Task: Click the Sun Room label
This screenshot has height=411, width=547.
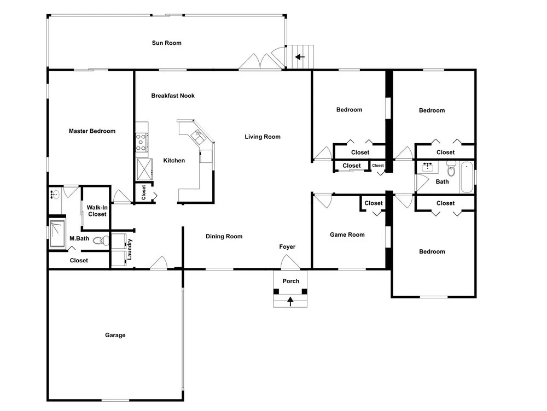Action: click(166, 43)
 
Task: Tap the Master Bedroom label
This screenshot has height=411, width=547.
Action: click(92, 131)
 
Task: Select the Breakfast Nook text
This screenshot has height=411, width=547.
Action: click(173, 96)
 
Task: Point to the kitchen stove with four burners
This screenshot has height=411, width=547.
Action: click(142, 142)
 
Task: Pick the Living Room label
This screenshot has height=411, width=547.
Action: click(263, 137)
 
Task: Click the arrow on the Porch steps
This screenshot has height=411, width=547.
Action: click(290, 301)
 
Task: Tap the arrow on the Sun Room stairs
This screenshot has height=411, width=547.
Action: click(300, 57)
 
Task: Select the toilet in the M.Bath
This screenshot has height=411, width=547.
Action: click(101, 240)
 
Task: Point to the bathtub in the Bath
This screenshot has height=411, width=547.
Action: click(467, 177)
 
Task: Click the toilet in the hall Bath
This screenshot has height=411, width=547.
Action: click(451, 169)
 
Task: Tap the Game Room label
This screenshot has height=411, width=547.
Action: click(347, 234)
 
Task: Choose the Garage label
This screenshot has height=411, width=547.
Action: click(115, 335)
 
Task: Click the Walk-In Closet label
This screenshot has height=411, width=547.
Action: click(97, 211)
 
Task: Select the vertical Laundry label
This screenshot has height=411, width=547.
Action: click(130, 249)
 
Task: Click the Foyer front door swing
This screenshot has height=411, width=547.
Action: click(290, 262)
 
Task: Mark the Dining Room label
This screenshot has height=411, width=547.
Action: click(224, 236)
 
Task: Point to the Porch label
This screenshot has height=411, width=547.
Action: click(290, 281)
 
